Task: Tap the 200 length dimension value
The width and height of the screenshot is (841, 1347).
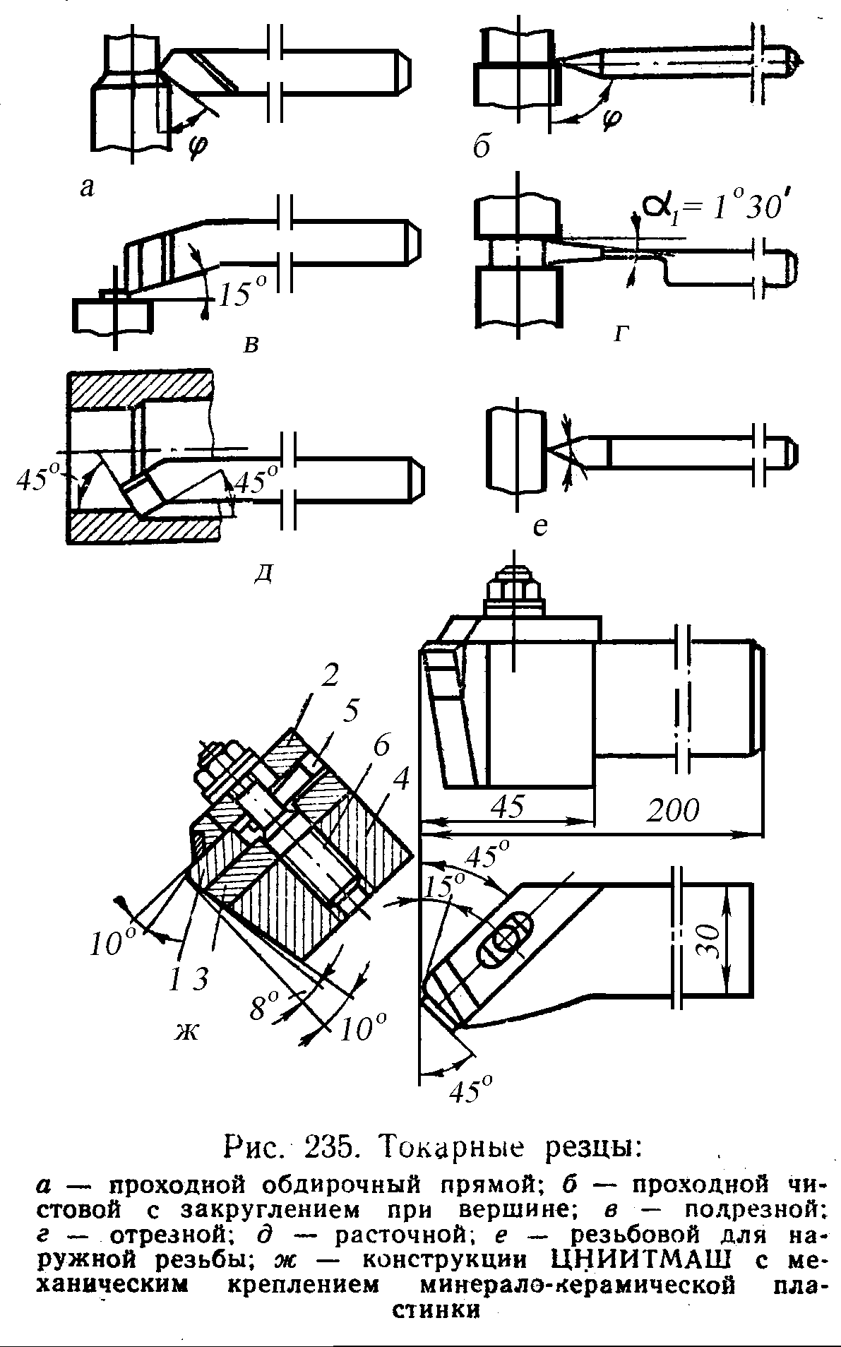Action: [673, 810]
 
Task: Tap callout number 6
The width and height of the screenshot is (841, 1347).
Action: [382, 749]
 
